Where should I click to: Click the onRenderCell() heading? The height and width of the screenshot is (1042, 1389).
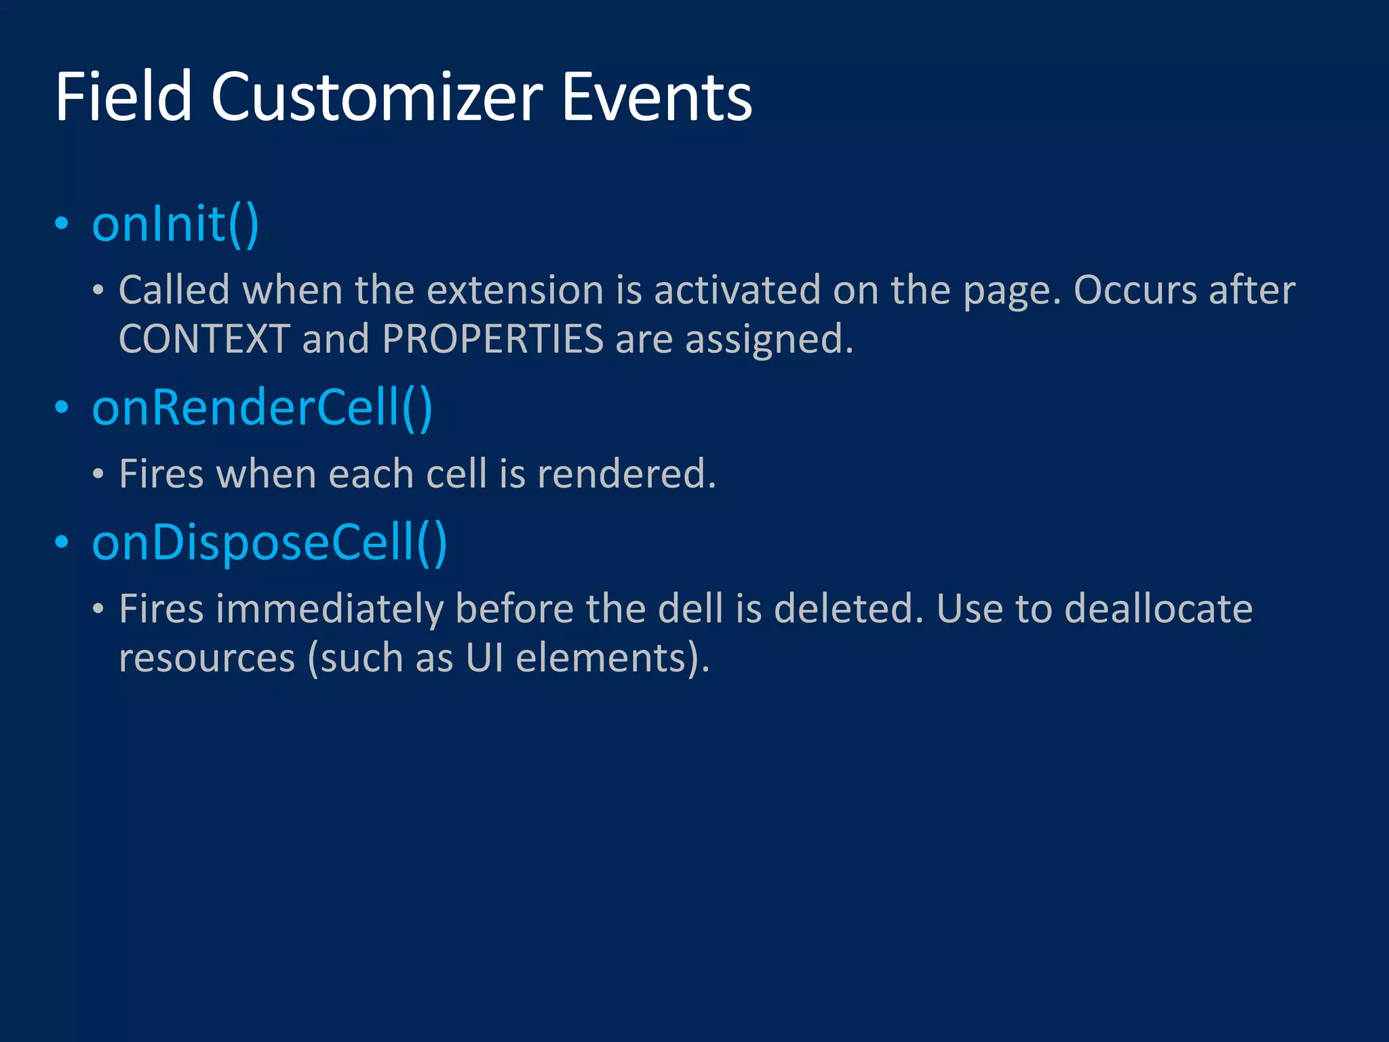(x=262, y=408)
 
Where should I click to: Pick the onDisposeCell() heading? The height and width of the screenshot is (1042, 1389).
(x=269, y=543)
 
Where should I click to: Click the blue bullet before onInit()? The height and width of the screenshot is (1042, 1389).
(x=62, y=224)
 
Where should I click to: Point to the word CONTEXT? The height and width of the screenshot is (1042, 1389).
(x=204, y=339)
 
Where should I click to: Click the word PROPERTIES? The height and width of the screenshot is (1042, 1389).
(x=492, y=339)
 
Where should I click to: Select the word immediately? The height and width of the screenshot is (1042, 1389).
(x=329, y=609)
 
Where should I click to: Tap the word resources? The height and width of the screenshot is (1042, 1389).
(x=207, y=658)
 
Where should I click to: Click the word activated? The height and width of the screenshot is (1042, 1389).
(x=737, y=290)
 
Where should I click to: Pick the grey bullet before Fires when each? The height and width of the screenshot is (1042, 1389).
(x=98, y=474)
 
